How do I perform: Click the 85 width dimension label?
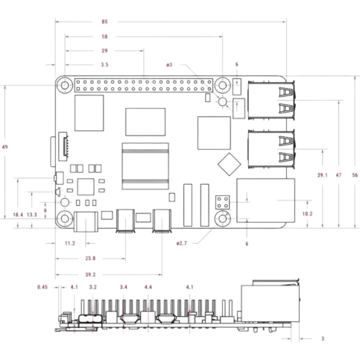[x=104, y=22]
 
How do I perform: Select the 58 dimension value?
[x=104, y=37]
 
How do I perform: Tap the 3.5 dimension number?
[x=104, y=65]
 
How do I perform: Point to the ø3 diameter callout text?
[x=169, y=65]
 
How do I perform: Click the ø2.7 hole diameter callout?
[x=182, y=244]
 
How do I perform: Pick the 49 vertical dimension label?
[x=4, y=147]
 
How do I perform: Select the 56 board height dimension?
[x=355, y=175]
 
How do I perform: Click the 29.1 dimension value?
[x=323, y=175]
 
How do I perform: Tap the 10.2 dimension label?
[x=307, y=214]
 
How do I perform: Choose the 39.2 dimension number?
[x=90, y=274]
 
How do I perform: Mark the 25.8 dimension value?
[x=90, y=259]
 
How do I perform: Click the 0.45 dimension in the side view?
[x=42, y=287]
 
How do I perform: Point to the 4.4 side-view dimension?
[x=148, y=287]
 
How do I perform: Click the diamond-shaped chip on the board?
[x=230, y=164]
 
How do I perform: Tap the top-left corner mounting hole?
[x=65, y=85]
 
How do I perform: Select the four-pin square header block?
[x=222, y=202]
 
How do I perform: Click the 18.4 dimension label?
[x=18, y=215]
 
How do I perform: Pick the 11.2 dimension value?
[x=70, y=244]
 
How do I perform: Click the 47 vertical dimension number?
[x=338, y=175]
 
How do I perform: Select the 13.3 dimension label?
[x=32, y=215]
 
